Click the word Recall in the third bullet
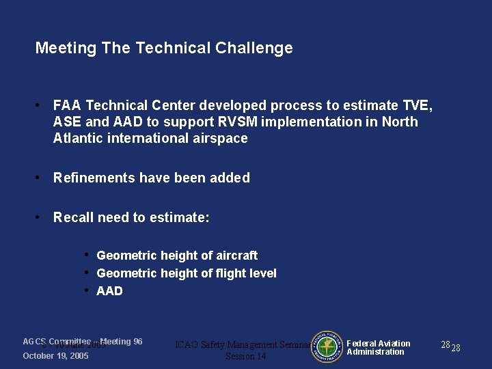coord(73,218)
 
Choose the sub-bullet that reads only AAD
coord(109,291)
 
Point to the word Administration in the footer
coord(375,352)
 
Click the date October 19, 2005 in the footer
coord(55,357)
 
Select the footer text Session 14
coord(245,357)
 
